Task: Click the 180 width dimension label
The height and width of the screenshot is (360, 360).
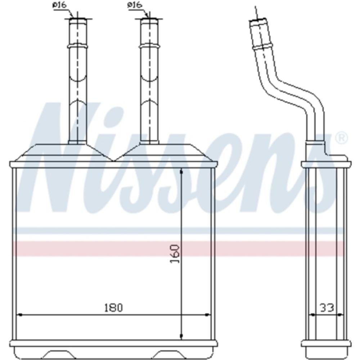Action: (114, 307)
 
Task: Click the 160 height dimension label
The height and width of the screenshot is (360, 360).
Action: (175, 254)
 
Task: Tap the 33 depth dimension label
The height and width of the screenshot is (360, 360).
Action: (327, 308)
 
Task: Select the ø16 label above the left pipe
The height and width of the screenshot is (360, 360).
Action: (59, 5)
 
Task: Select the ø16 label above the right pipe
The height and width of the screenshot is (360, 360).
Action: (135, 5)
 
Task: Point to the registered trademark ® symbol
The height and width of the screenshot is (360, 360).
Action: (342, 138)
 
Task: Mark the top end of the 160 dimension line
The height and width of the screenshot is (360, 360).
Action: (181, 170)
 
